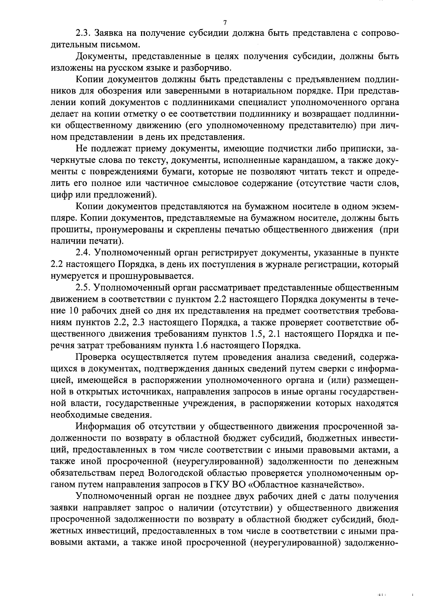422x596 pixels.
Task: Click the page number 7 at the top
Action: click(225, 23)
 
